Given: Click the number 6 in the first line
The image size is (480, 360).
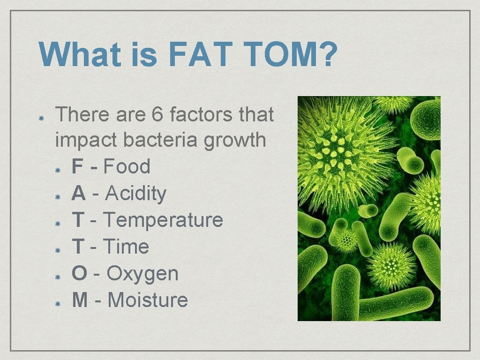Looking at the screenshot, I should pos(158,114).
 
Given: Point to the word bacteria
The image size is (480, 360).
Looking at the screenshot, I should pos(161,140).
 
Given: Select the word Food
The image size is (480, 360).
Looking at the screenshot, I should pos(127,166).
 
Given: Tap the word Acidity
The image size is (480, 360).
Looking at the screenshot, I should pos(136,193).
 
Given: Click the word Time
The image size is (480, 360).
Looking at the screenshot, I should pos(126,247).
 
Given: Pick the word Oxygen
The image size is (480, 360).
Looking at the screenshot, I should pos(142,274).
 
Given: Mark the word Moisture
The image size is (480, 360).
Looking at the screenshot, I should pos(148,300).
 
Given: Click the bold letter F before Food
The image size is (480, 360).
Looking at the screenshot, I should pos(78,166).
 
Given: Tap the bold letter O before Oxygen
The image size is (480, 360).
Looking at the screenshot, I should pos(80,273).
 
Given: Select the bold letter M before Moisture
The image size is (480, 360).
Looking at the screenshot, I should pos(80,300).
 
